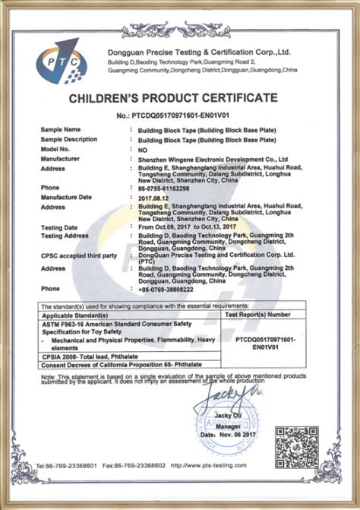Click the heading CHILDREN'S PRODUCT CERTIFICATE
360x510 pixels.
(x=180, y=99)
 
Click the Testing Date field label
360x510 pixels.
(x=60, y=226)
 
